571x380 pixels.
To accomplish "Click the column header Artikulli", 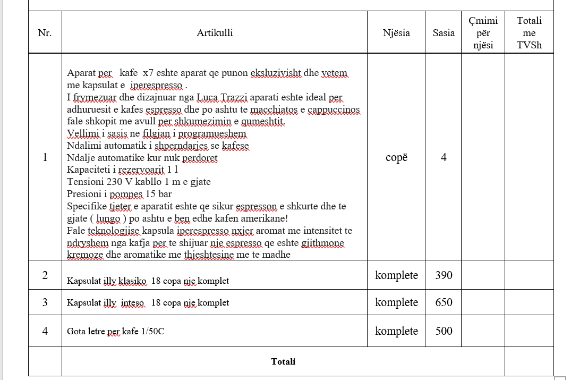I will click(x=215, y=33).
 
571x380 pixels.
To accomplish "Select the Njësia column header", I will click(x=396, y=33).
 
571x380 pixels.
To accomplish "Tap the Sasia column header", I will click(x=444, y=33).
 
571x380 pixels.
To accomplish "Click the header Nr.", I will click(x=45, y=33).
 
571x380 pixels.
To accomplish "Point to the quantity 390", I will click(x=444, y=275).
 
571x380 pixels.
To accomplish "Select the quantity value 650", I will click(x=444, y=302).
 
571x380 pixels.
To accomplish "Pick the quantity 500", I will click(x=444, y=331).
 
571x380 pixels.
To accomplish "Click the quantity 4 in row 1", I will click(x=444, y=157).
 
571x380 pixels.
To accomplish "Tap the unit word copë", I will click(x=396, y=157).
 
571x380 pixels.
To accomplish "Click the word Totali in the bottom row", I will click(x=283, y=361).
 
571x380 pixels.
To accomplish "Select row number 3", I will click(x=45, y=302).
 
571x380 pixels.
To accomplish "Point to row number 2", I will click(x=45, y=275).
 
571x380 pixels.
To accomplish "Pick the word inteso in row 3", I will click(x=132, y=302).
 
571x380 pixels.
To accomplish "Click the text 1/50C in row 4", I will click(x=152, y=331).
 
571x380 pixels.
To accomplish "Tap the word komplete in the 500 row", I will click(x=396, y=331).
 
